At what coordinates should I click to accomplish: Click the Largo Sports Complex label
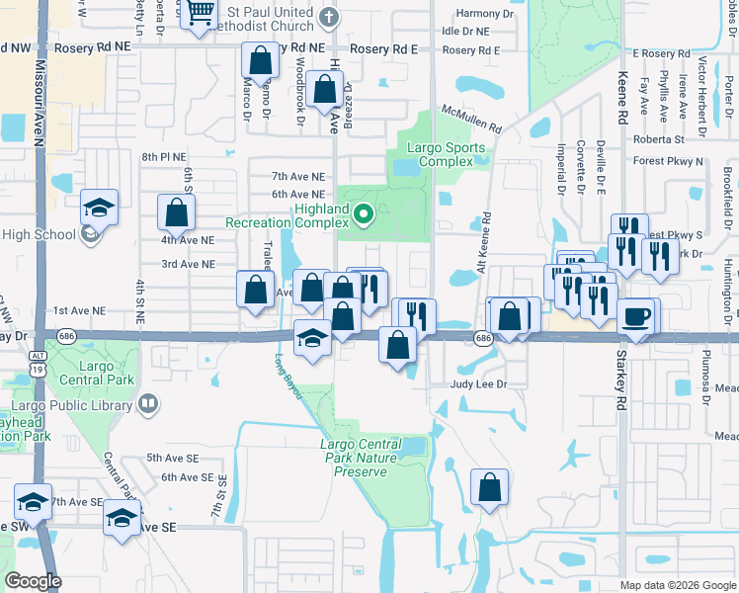pos(448,154)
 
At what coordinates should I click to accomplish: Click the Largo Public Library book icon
pos(147,403)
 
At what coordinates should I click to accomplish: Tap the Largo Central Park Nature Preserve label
pos(359,458)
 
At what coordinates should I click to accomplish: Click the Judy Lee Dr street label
pos(478,383)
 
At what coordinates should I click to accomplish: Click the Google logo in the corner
pos(33,581)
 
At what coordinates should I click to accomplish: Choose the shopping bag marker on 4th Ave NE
pos(177,212)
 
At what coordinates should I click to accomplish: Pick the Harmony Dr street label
pos(486,14)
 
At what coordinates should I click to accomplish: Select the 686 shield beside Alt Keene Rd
pos(483,338)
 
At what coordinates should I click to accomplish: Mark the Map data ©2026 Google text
pos(677,585)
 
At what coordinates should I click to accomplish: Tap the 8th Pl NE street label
pos(163,157)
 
